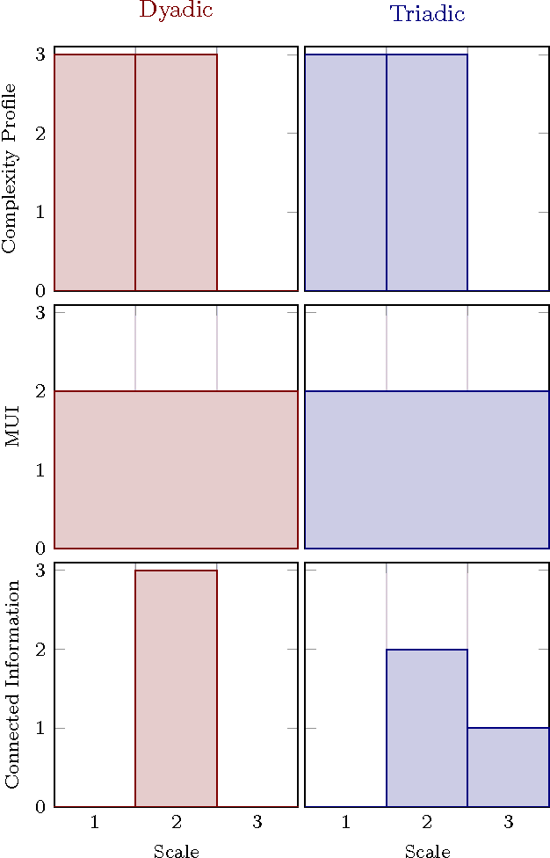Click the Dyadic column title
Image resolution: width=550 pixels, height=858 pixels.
coord(176,11)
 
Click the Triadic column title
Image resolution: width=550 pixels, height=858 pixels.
coord(427,14)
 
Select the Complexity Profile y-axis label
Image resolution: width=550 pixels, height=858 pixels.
coord(10,168)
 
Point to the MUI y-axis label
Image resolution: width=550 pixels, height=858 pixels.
coord(11,426)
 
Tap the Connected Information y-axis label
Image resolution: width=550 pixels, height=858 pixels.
coord(11,684)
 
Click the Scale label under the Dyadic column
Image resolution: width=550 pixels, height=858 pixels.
coord(176,851)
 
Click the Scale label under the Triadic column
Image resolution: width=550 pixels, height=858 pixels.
coord(427,851)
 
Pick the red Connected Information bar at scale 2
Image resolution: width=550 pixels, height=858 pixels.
coord(176,688)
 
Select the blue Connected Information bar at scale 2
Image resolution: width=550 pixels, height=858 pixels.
coord(427,728)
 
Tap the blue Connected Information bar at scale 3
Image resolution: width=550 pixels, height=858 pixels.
coord(508,767)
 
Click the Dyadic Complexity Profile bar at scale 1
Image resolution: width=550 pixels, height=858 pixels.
coord(95,172)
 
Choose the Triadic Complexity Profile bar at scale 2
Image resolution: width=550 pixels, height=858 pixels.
coord(427,172)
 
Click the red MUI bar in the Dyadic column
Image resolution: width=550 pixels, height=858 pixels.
coord(176,469)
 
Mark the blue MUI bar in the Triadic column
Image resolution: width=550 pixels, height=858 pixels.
coord(427,469)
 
